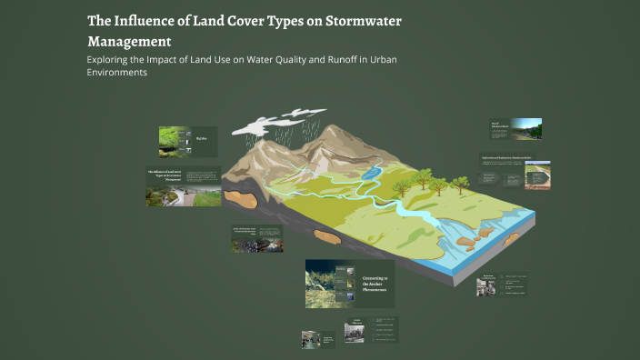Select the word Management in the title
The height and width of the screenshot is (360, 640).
click(x=128, y=41)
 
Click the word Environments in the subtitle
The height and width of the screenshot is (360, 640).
click(x=116, y=74)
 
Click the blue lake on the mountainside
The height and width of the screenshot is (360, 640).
click(x=371, y=171)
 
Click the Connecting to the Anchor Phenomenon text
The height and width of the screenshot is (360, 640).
click(x=375, y=283)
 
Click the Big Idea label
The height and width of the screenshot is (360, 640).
click(x=201, y=139)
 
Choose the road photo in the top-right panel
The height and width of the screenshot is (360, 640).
click(x=526, y=128)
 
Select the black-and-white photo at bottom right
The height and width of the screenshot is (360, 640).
click(x=485, y=287)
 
